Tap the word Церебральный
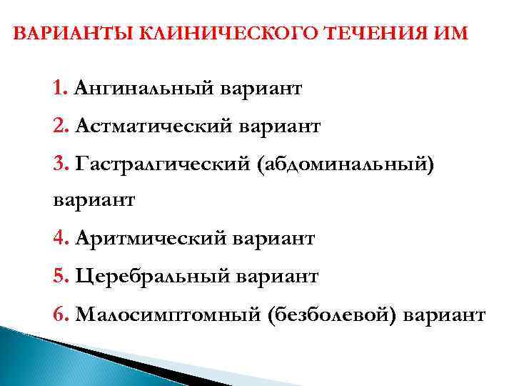(x=153, y=275)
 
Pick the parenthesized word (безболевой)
(x=334, y=313)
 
